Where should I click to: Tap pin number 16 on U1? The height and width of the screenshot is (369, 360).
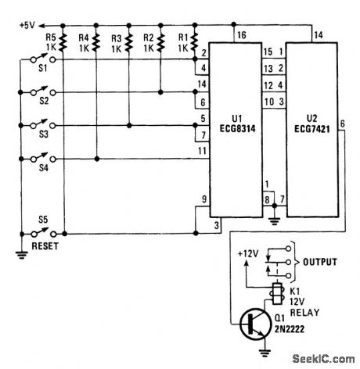[x=241, y=36]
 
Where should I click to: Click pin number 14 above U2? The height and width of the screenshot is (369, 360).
[x=318, y=35]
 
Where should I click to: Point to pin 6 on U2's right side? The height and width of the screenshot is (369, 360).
[x=343, y=134]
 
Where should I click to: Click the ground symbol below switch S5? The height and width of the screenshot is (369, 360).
[x=18, y=252]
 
